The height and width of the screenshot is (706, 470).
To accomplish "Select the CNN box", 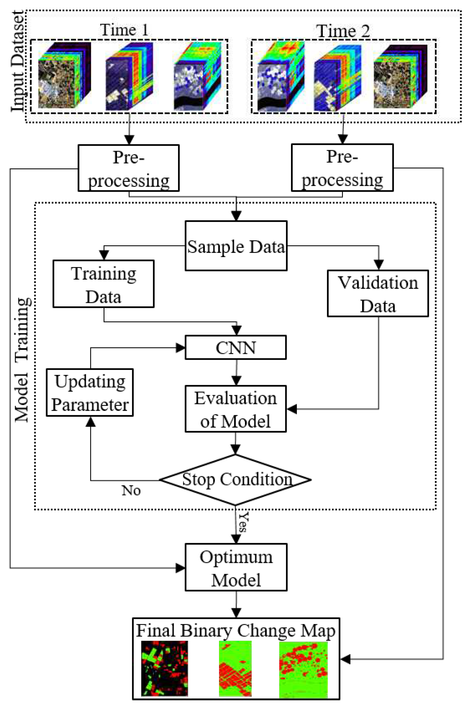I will point(236,348).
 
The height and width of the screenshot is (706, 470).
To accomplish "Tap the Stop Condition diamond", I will point(236,479).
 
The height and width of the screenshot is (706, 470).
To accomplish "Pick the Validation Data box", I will point(378,294).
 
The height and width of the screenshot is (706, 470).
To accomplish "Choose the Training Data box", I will point(103,284).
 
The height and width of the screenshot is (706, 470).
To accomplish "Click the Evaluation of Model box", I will point(236,409).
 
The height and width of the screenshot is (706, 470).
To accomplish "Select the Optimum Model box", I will point(236,568).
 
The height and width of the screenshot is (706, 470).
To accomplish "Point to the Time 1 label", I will point(124,30).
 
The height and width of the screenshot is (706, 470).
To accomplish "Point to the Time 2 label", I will point(343,31).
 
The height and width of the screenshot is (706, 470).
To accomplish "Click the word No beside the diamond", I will point(131,491).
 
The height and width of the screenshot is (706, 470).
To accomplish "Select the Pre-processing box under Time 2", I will point(342,168).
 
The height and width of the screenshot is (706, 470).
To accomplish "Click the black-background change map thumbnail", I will point(165,668).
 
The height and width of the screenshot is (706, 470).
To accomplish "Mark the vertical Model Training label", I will point(22,359).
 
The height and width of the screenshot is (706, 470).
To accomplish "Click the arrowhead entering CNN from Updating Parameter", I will point(180,348).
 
